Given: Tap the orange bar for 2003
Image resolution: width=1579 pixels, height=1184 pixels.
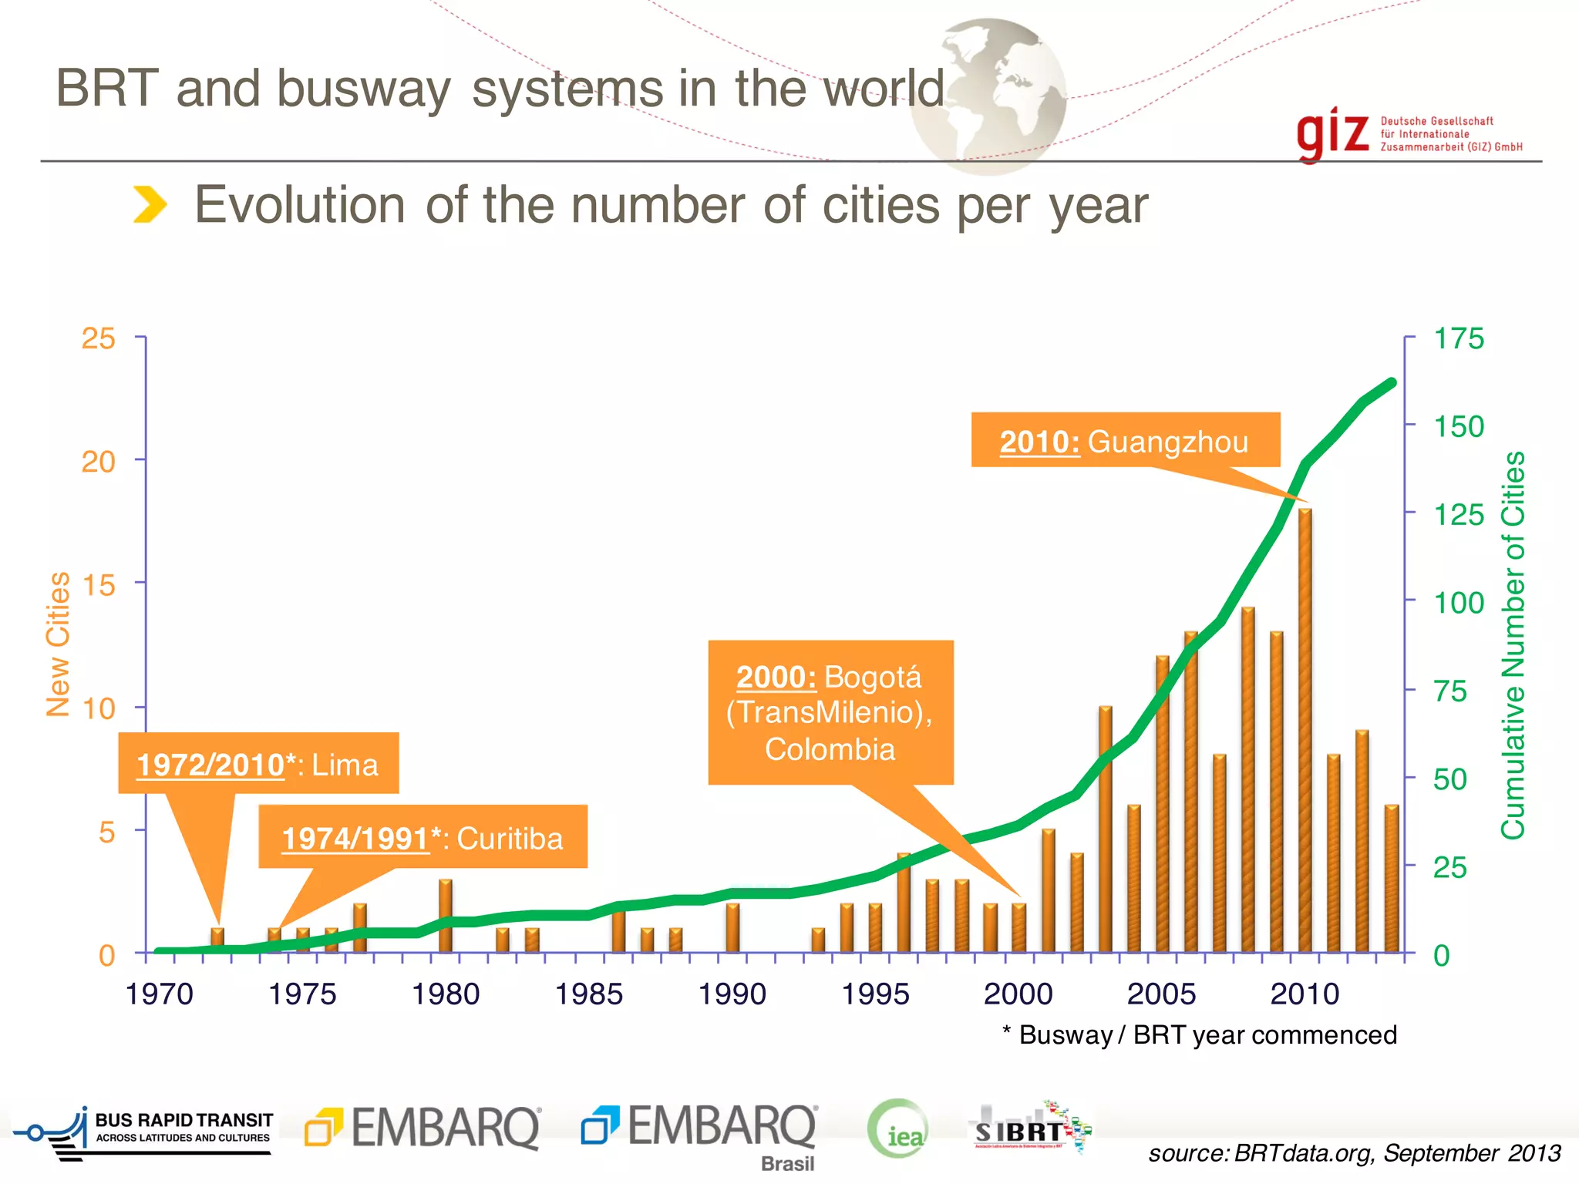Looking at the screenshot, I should point(1105,829).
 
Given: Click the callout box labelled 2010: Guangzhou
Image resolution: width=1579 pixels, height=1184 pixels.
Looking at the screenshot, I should point(1125,441).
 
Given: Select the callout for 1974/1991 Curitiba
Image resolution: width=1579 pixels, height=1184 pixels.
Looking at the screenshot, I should point(423,838).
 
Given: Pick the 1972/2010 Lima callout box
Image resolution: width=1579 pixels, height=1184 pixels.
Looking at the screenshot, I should point(258,764).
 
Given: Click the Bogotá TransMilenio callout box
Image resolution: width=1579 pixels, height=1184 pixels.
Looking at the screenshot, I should point(830,712).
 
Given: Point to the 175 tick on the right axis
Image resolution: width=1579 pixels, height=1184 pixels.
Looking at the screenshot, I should point(1457,338).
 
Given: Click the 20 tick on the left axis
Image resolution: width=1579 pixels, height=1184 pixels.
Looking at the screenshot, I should point(99,462).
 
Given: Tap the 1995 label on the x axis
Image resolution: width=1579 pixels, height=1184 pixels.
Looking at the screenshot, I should point(875,994).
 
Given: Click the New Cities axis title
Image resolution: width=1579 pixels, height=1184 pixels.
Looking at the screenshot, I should point(58,644).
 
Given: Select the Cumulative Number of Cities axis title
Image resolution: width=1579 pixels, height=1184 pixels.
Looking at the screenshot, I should point(1513,644).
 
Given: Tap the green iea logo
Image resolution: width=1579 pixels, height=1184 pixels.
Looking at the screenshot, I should point(898,1130).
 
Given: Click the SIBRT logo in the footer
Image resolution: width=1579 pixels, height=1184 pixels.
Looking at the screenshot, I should point(1029,1129).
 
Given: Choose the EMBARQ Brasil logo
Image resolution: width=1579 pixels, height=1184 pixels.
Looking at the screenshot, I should point(700,1133).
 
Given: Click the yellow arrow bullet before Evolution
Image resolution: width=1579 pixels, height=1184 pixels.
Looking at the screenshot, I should point(150,204).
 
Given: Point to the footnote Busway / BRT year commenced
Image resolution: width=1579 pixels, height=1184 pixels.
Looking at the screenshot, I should point(1200,1034).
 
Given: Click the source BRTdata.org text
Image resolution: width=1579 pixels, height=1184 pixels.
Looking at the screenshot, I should point(1354,1153).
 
